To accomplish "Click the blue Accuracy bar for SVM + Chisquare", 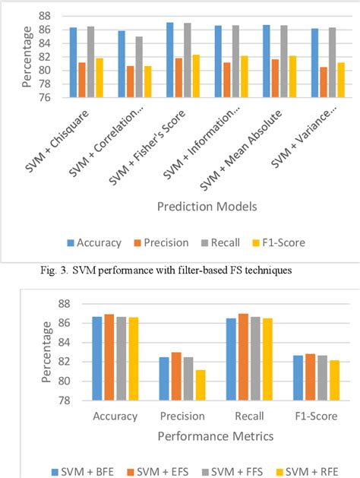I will click(x=73, y=63).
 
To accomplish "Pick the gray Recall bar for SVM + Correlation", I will click(x=139, y=67).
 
